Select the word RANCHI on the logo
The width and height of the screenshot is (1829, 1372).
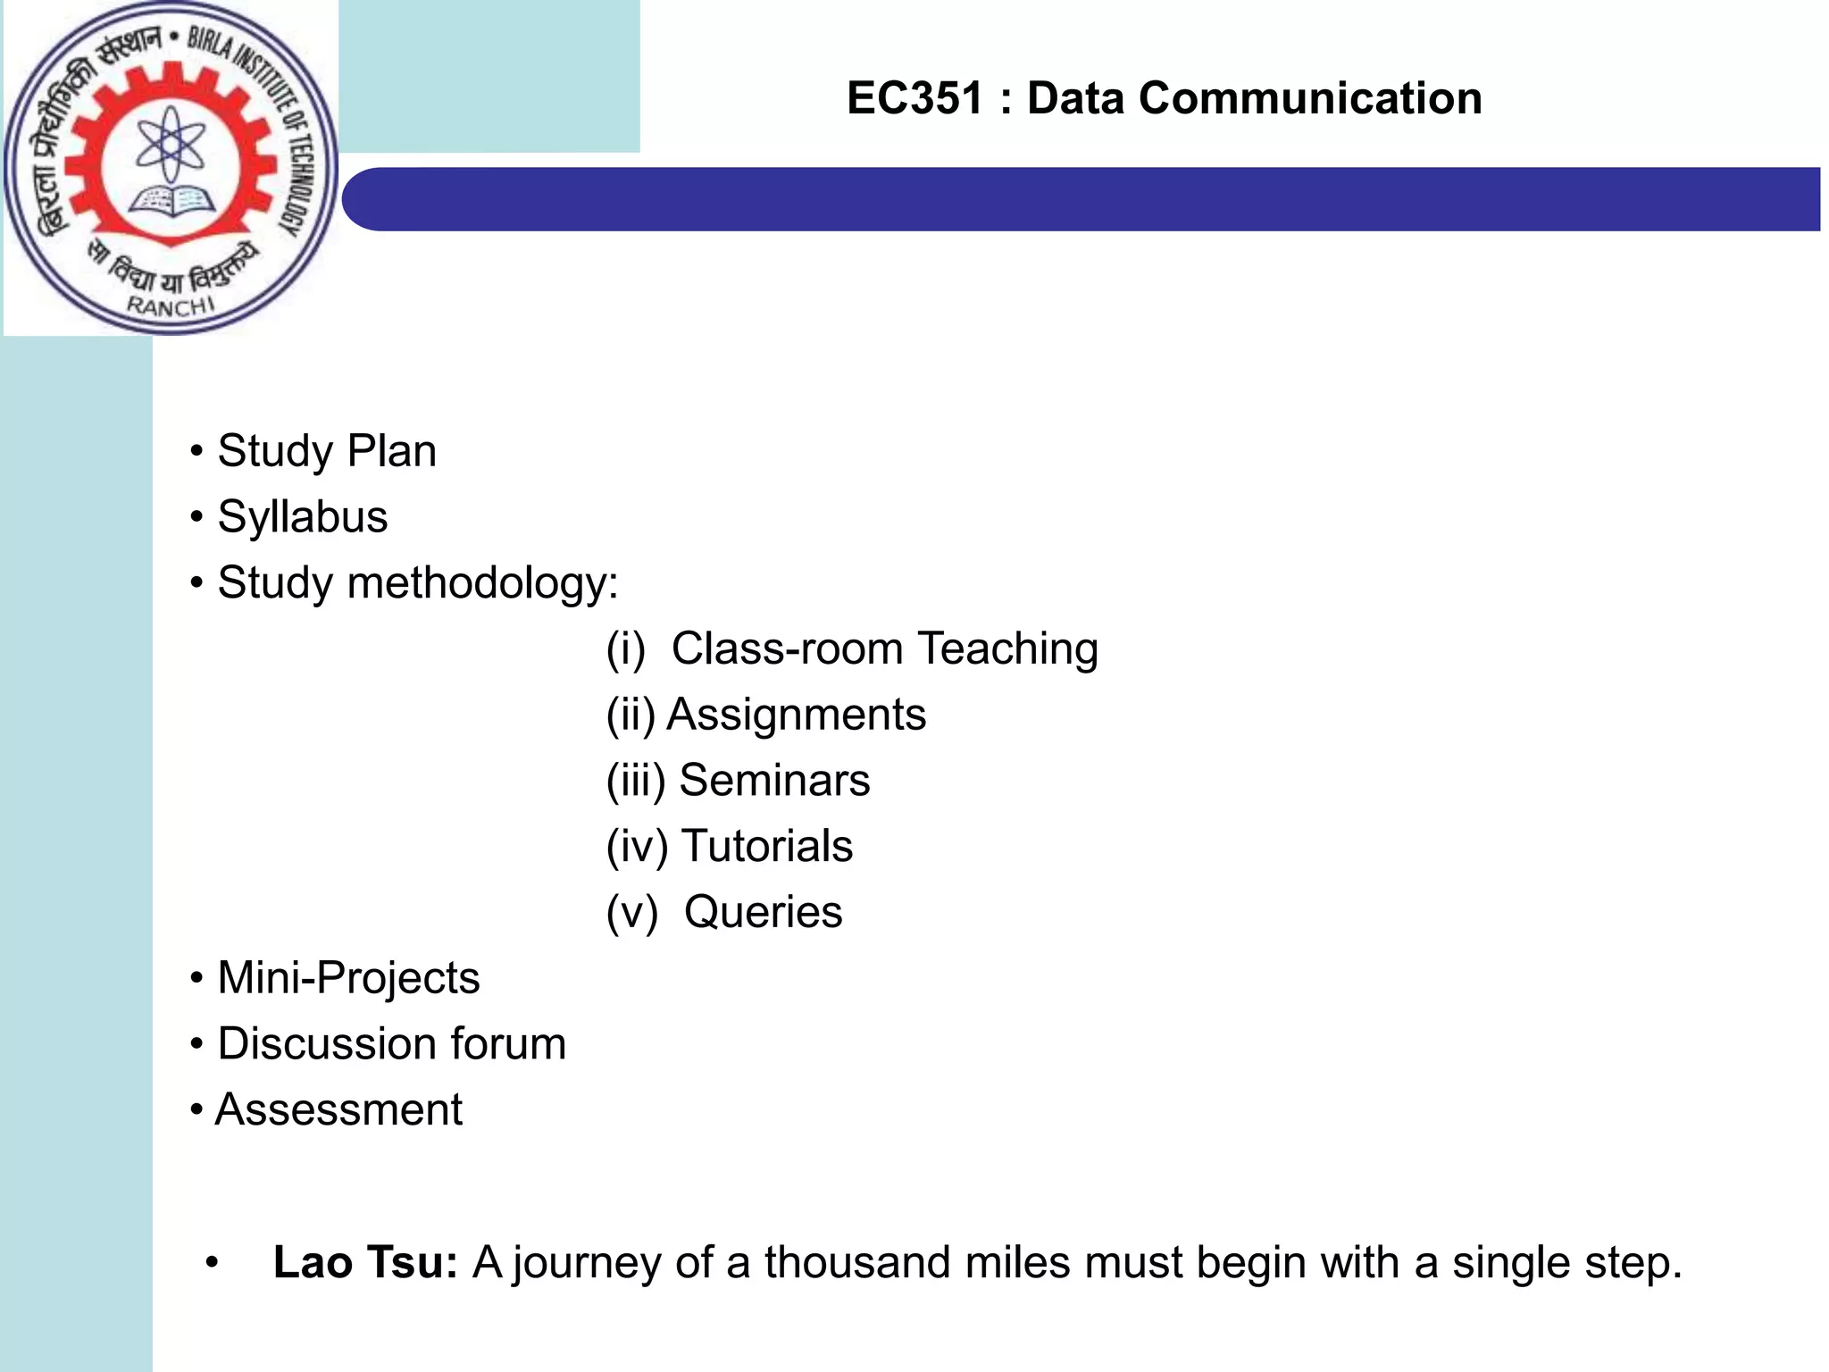pyautogui.click(x=171, y=305)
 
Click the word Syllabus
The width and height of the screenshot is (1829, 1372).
pyautogui.click(x=303, y=517)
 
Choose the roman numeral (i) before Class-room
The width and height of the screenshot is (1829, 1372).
pyautogui.click(x=625, y=649)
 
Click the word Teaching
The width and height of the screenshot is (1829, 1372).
pyautogui.click(x=1008, y=648)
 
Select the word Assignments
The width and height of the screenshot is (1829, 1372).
pyautogui.click(x=797, y=715)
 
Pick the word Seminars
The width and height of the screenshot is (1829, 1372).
pyautogui.click(x=774, y=781)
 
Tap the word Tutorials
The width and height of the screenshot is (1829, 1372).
pyautogui.click(x=767, y=846)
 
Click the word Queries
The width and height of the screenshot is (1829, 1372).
pyautogui.click(x=763, y=912)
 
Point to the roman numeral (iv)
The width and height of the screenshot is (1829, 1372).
pyautogui.click(x=637, y=847)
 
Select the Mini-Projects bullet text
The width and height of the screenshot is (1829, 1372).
pyautogui.click(x=348, y=978)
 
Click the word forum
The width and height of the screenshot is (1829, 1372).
pyautogui.click(x=508, y=1043)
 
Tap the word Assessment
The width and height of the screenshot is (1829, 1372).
pyautogui.click(x=339, y=1110)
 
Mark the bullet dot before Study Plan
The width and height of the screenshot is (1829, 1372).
pyautogui.click(x=196, y=452)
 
